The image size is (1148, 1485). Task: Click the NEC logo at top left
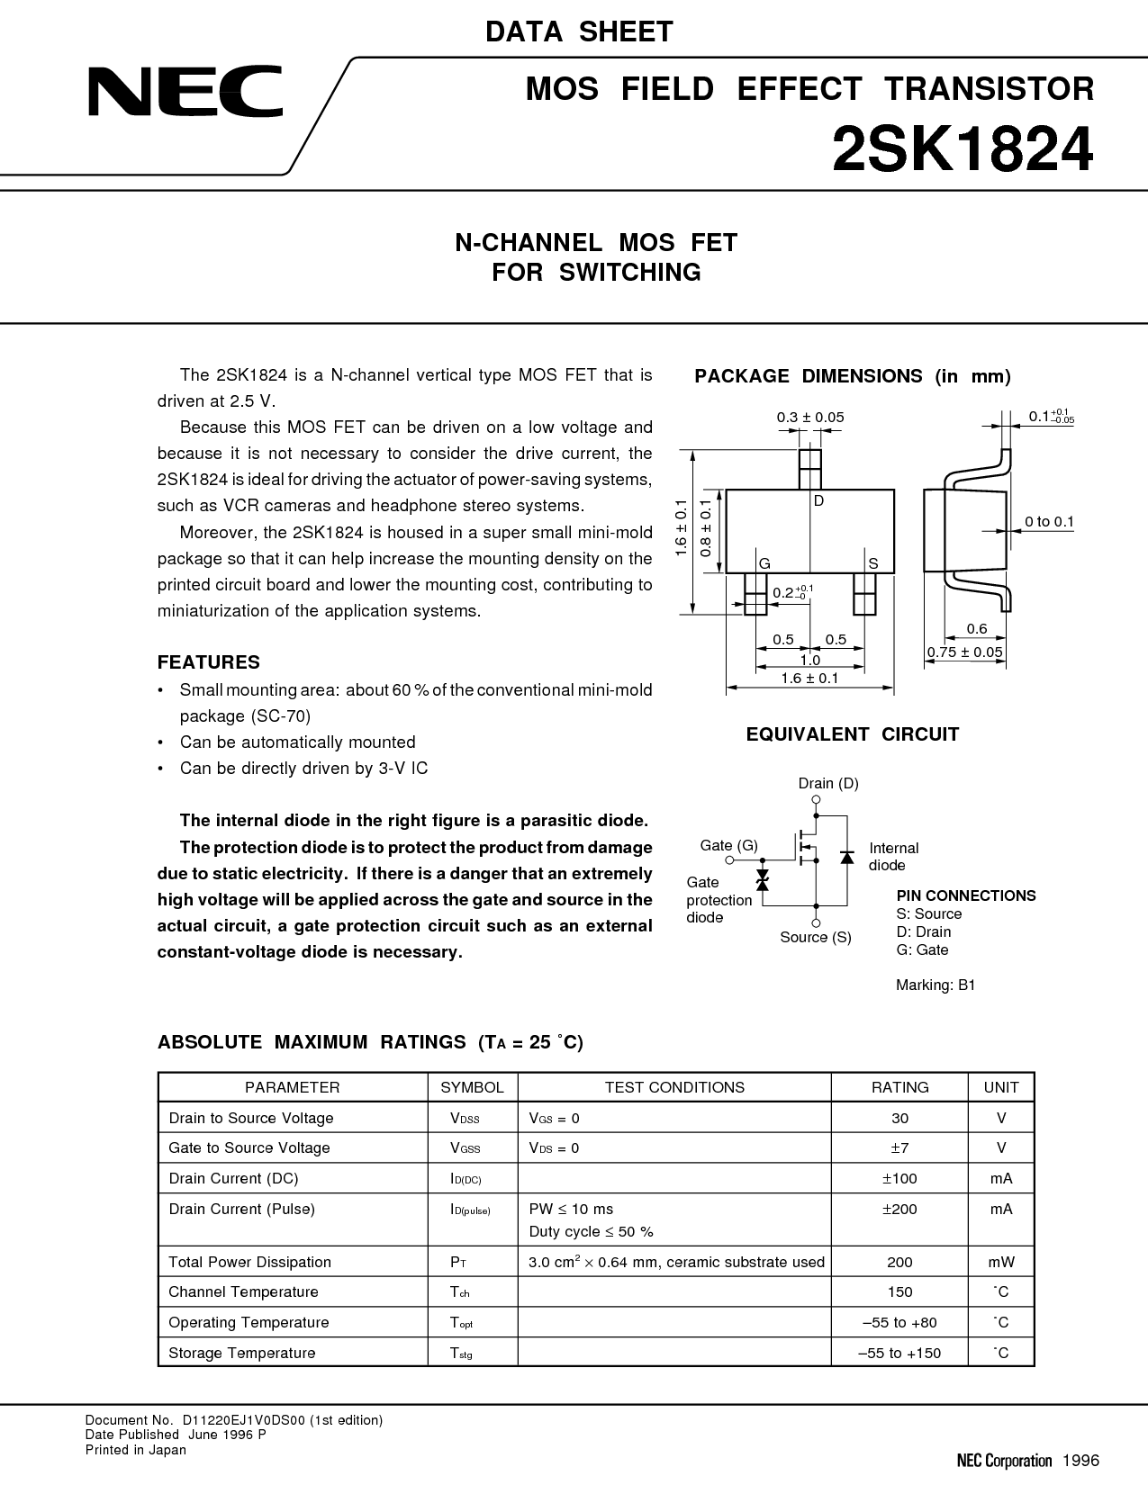tap(185, 91)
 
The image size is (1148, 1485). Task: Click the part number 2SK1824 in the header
tap(962, 149)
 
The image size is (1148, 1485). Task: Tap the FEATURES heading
tap(209, 662)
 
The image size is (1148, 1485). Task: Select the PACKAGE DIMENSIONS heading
tap(853, 376)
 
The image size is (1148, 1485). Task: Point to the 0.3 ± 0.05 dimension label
tap(810, 417)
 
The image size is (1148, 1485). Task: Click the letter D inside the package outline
tap(818, 501)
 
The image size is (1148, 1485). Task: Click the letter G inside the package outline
tap(765, 563)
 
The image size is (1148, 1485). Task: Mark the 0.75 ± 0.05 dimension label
tap(964, 652)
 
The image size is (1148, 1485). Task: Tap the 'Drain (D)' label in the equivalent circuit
tap(828, 783)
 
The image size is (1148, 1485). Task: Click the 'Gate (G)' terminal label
tap(728, 845)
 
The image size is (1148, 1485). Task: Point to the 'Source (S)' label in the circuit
tap(816, 937)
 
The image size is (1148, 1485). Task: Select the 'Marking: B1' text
tap(936, 985)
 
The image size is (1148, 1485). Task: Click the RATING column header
tap(899, 1087)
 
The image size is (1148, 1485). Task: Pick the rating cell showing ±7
tap(899, 1148)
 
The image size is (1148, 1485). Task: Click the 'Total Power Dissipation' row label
tap(249, 1262)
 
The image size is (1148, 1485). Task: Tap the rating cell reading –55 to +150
tap(899, 1353)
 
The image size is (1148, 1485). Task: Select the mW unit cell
tap(1001, 1262)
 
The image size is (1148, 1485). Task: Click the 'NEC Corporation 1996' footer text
tap(1027, 1461)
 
